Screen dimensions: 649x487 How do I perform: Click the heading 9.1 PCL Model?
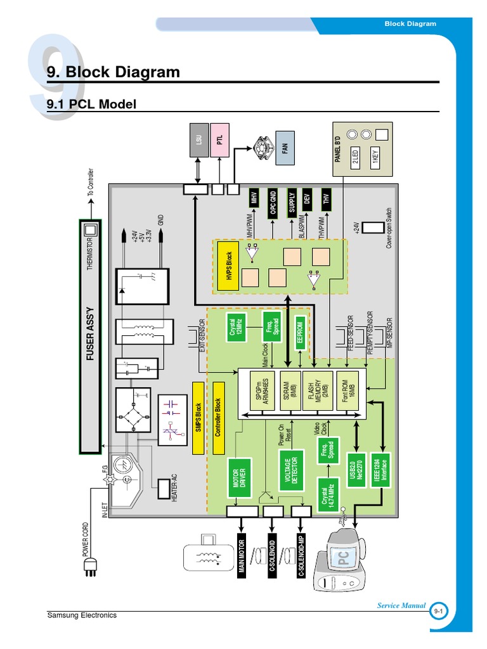(x=92, y=104)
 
